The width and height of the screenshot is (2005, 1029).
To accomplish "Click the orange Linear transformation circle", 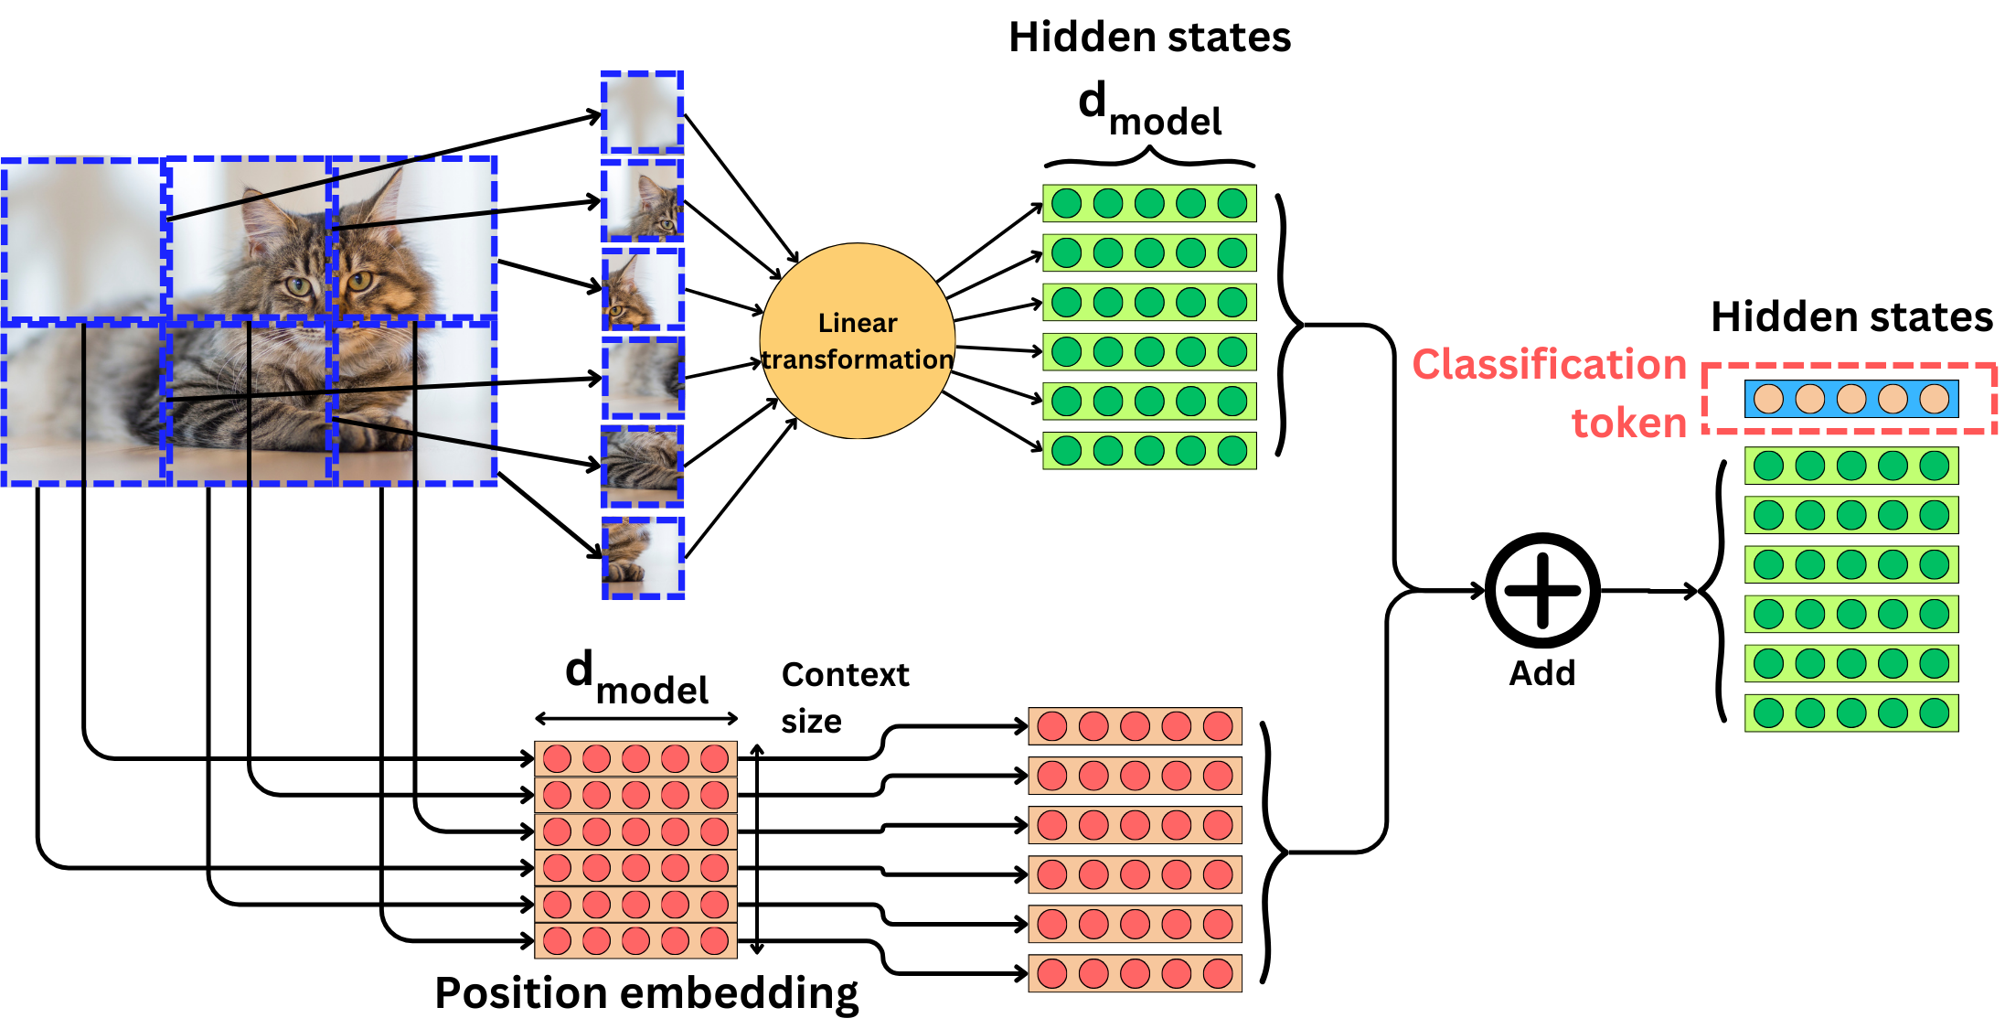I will click(x=858, y=340).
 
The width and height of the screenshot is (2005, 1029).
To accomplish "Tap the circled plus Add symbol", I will click(x=1542, y=591).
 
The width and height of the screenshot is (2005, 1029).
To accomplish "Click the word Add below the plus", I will click(x=1542, y=673).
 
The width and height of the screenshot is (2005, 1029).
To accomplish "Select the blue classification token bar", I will click(x=1850, y=399).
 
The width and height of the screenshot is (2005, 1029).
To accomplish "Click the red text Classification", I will click(x=1549, y=364).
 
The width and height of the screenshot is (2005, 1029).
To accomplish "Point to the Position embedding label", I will click(x=646, y=992).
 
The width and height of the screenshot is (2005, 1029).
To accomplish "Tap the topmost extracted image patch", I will click(x=642, y=113).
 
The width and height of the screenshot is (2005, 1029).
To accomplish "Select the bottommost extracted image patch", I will click(x=642, y=558).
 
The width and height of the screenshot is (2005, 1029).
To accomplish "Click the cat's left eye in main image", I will click(x=297, y=286).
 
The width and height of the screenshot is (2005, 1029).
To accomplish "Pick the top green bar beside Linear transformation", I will click(x=1149, y=203).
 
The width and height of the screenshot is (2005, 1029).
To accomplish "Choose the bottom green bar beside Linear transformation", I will click(x=1149, y=450).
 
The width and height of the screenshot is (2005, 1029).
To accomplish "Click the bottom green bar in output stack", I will click(x=1850, y=713).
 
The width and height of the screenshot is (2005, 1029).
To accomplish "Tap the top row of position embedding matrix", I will click(x=635, y=758).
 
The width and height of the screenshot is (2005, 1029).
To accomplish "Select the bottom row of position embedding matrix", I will click(x=635, y=940).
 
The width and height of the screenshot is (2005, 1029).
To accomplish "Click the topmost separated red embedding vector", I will click(x=1135, y=726).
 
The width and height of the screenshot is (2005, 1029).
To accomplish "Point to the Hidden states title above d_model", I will click(x=1149, y=38).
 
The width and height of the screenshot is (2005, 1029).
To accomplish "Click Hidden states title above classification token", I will click(x=1851, y=317).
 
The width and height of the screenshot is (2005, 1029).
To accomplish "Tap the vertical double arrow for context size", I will click(x=757, y=849).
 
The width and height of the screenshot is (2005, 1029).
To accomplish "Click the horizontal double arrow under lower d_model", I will click(x=636, y=718).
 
